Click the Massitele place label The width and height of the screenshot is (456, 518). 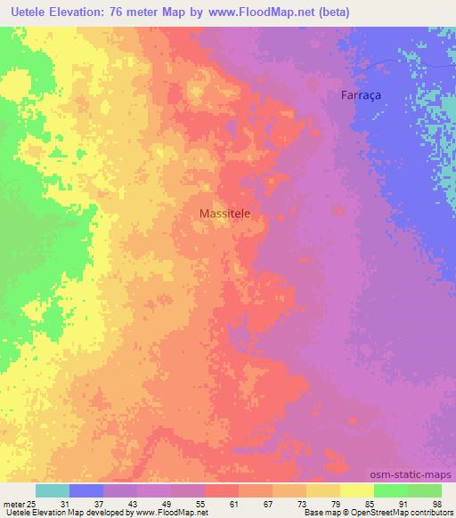point(230,214)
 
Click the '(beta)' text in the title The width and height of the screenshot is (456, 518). point(330,12)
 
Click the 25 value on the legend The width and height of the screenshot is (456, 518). point(31,505)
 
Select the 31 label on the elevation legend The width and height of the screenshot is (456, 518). point(78,505)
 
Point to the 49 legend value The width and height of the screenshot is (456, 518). point(180,505)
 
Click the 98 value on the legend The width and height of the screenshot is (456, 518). point(436,505)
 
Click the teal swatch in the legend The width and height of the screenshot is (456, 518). point(53,490)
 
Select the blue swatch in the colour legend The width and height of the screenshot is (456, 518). point(86,490)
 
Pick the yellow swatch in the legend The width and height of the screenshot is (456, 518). point(356,490)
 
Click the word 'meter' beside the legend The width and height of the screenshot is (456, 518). point(13,505)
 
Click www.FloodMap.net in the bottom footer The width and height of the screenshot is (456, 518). point(173,514)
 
